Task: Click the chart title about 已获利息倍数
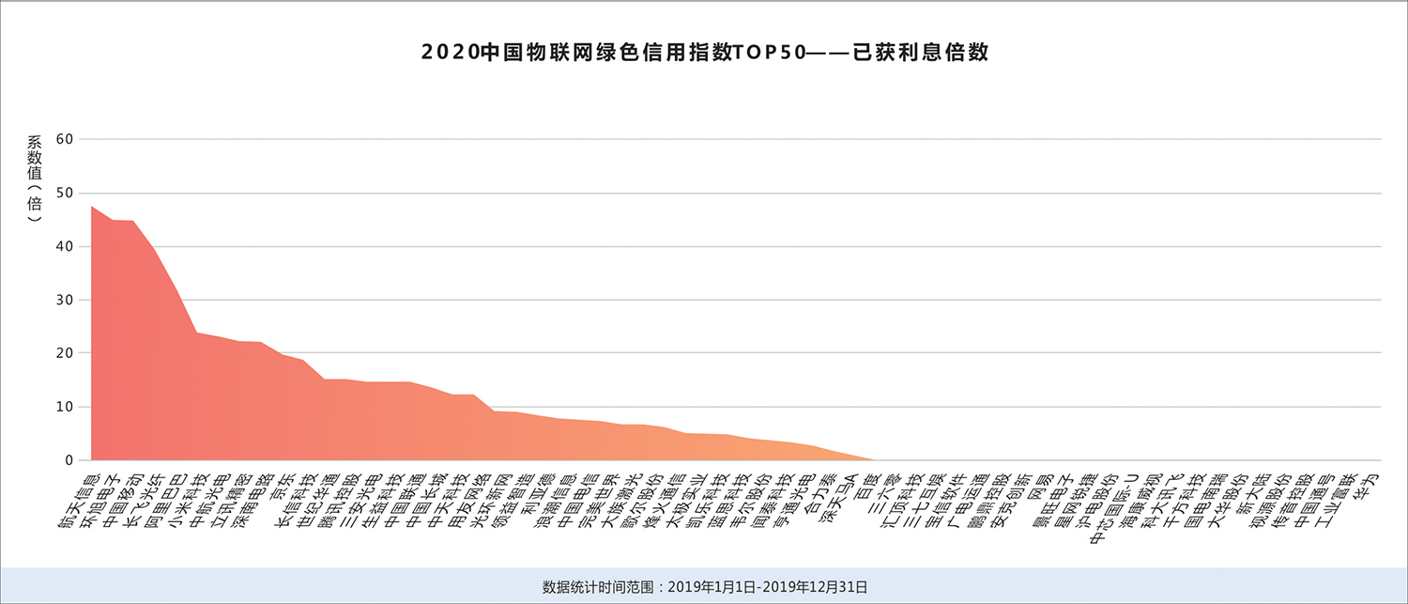point(705,53)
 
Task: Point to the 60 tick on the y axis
point(65,139)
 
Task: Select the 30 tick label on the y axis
point(65,300)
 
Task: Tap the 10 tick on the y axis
point(65,407)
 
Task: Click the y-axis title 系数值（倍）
point(35,178)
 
